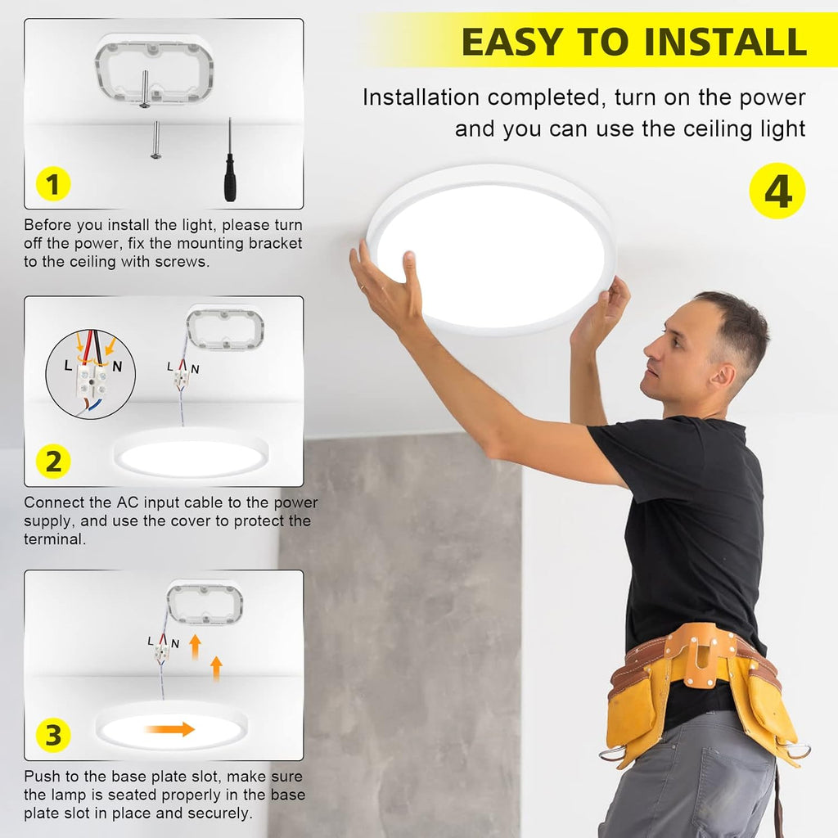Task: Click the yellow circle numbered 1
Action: click(x=53, y=184)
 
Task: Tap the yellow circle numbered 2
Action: click(x=53, y=462)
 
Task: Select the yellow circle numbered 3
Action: click(x=53, y=735)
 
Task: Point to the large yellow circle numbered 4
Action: click(x=777, y=191)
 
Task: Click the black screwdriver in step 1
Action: click(x=230, y=160)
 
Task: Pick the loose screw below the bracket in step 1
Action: click(x=155, y=140)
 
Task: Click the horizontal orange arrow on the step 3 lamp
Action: click(x=170, y=728)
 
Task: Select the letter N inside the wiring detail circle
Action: click(x=117, y=366)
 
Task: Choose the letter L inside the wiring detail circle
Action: click(x=68, y=366)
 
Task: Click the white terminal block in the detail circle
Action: click(x=91, y=380)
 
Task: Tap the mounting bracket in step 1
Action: click(x=154, y=70)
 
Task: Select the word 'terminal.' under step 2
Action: click(x=55, y=539)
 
